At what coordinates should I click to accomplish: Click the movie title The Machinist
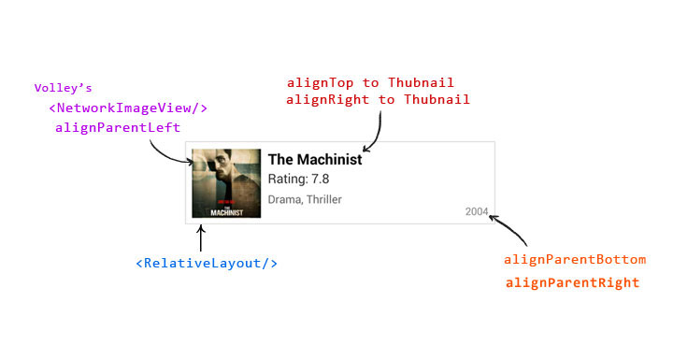(x=315, y=159)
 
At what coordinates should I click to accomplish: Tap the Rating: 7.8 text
(x=298, y=180)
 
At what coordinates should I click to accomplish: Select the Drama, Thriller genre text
(x=305, y=199)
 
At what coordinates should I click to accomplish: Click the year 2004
(x=477, y=211)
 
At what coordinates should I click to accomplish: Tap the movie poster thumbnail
(x=226, y=183)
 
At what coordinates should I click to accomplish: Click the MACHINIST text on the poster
(x=226, y=212)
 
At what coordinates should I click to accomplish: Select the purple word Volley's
(x=64, y=88)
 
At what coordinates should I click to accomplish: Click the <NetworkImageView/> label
(x=128, y=108)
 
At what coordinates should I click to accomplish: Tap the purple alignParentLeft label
(x=118, y=127)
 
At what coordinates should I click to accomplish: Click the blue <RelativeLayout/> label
(x=207, y=263)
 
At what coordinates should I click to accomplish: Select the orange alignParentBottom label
(x=575, y=260)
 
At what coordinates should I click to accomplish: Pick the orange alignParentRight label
(x=573, y=282)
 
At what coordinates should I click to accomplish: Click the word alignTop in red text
(x=321, y=82)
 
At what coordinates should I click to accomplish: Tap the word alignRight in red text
(x=327, y=100)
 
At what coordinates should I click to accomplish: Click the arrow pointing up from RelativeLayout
(x=200, y=238)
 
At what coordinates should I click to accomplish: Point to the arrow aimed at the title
(x=378, y=133)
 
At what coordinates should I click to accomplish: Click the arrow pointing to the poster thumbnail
(x=168, y=155)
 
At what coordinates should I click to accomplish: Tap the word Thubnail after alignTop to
(x=421, y=82)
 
